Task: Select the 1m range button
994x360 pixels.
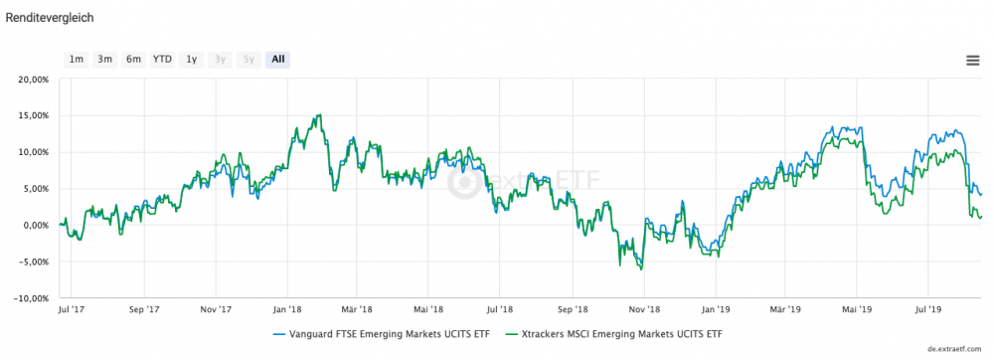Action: [76, 59]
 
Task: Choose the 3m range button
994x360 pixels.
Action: [104, 59]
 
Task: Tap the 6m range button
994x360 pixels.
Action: [133, 59]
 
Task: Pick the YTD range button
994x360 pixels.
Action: [162, 59]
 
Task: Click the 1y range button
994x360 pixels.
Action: [192, 59]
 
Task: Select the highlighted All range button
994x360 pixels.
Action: [278, 59]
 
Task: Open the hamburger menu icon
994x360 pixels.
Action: [973, 60]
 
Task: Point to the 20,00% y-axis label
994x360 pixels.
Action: [30, 79]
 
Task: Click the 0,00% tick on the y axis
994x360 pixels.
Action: [33, 225]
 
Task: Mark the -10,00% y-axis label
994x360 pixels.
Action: [29, 297]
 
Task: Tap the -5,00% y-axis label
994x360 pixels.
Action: [31, 262]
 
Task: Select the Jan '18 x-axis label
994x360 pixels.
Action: [287, 309]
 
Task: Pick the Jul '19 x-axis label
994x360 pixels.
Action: [928, 309]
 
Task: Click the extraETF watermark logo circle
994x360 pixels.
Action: [462, 182]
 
